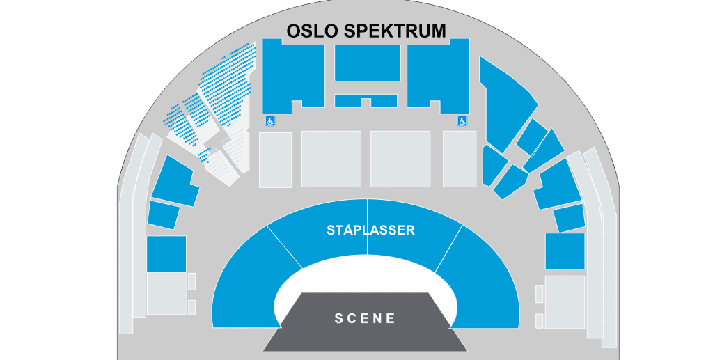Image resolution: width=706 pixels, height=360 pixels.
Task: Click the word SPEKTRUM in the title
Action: click(x=395, y=31)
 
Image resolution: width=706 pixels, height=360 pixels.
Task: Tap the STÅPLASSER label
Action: click(x=370, y=230)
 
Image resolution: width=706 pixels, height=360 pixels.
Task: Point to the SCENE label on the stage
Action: click(x=365, y=318)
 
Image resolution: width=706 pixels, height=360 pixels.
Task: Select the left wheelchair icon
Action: click(x=270, y=120)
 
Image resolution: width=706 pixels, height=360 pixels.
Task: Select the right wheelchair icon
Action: click(x=462, y=120)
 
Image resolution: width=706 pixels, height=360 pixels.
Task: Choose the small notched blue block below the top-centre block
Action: click(x=366, y=100)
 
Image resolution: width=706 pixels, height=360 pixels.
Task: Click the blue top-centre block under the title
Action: click(x=368, y=63)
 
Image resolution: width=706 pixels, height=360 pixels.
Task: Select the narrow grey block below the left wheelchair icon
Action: click(x=276, y=159)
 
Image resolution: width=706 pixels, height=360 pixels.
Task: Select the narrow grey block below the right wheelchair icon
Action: click(x=460, y=159)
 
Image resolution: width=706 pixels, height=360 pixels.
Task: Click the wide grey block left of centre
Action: click(x=331, y=159)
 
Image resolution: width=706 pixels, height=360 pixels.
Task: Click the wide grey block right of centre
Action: click(x=400, y=159)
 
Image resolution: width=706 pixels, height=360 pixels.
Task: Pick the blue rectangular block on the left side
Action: click(x=166, y=253)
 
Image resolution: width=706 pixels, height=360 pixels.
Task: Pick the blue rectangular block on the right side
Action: click(x=565, y=251)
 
